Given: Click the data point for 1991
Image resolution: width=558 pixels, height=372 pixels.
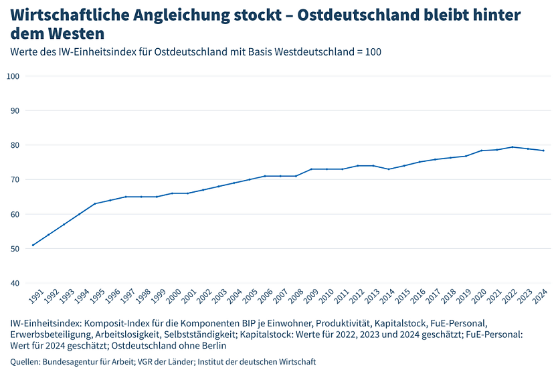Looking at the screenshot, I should point(33,245).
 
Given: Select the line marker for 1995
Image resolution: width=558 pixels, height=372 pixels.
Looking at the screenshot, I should point(94,203).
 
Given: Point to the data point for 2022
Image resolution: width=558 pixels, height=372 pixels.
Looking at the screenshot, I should point(513,147).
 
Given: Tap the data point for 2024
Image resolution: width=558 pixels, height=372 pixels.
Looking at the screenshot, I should point(543,151).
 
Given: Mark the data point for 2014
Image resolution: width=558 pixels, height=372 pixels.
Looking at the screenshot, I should point(389,169).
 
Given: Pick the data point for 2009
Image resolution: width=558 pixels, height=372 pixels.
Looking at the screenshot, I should point(311,169).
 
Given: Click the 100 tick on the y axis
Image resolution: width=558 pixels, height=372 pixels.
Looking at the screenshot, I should point(13,76).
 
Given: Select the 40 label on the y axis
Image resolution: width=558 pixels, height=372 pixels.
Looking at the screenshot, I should point(13,283).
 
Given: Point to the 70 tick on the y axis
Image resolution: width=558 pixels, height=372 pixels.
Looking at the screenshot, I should point(13,180).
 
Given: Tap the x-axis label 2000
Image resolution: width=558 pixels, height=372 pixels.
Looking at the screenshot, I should point(174,295).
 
